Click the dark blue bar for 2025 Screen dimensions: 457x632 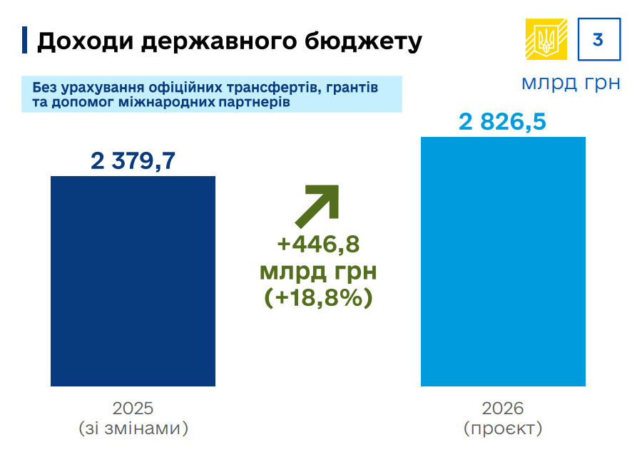133,281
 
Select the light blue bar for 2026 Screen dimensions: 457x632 503,261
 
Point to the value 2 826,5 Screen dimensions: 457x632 502,122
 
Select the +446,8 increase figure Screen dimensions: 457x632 318,245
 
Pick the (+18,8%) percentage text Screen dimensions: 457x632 318,297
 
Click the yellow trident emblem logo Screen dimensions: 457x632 546,39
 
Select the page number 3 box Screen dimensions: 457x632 598,39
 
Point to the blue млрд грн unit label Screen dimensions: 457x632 570,83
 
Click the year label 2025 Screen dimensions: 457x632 133,409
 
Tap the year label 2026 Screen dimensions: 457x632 503,409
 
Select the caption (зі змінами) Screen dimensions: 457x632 133,428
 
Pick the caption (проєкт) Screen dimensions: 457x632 503,428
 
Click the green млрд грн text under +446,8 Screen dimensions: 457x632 318,271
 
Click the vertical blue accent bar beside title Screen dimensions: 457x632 25,40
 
